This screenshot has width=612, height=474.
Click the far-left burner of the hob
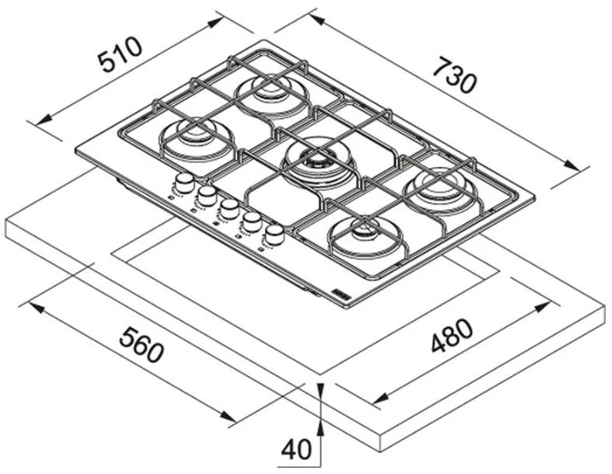(191, 135)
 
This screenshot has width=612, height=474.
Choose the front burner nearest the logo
(362, 232)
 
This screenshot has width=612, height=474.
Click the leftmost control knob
(184, 183)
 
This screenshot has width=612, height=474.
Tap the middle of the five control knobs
(229, 207)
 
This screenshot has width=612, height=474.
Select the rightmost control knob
(273, 232)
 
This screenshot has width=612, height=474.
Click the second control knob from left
(207, 194)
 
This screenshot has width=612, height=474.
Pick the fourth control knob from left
(251, 221)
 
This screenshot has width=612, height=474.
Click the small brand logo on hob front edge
(343, 291)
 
